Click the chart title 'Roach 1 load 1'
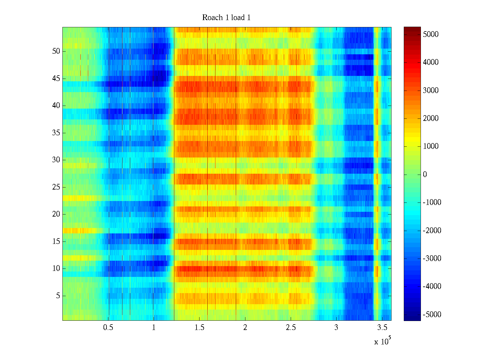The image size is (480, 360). pyautogui.click(x=226, y=18)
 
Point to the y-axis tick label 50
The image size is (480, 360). pyautogui.click(x=56, y=51)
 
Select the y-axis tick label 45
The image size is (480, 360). pyautogui.click(x=56, y=79)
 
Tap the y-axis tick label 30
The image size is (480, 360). pyautogui.click(x=56, y=160)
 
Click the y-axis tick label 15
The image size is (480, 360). pyautogui.click(x=56, y=241)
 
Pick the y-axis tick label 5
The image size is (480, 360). pyautogui.click(x=58, y=296)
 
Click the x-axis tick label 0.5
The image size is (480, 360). pyautogui.click(x=108, y=327)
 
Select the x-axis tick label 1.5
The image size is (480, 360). pyautogui.click(x=199, y=327)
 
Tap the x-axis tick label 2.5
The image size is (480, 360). pyautogui.click(x=291, y=327)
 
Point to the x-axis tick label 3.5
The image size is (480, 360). pyautogui.click(x=382, y=327)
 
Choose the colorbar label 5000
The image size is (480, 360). pyautogui.click(x=431, y=34)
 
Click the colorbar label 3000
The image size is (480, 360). pyautogui.click(x=431, y=90)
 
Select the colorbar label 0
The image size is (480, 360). pyautogui.click(x=425, y=174)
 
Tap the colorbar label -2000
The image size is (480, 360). pyautogui.click(x=432, y=230)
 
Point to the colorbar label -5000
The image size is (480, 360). pyautogui.click(x=432, y=314)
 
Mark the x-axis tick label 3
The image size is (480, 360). pyautogui.click(x=336, y=327)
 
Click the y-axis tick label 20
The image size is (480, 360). pyautogui.click(x=56, y=214)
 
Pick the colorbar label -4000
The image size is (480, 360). pyautogui.click(x=432, y=286)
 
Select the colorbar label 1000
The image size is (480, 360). pyautogui.click(x=431, y=146)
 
